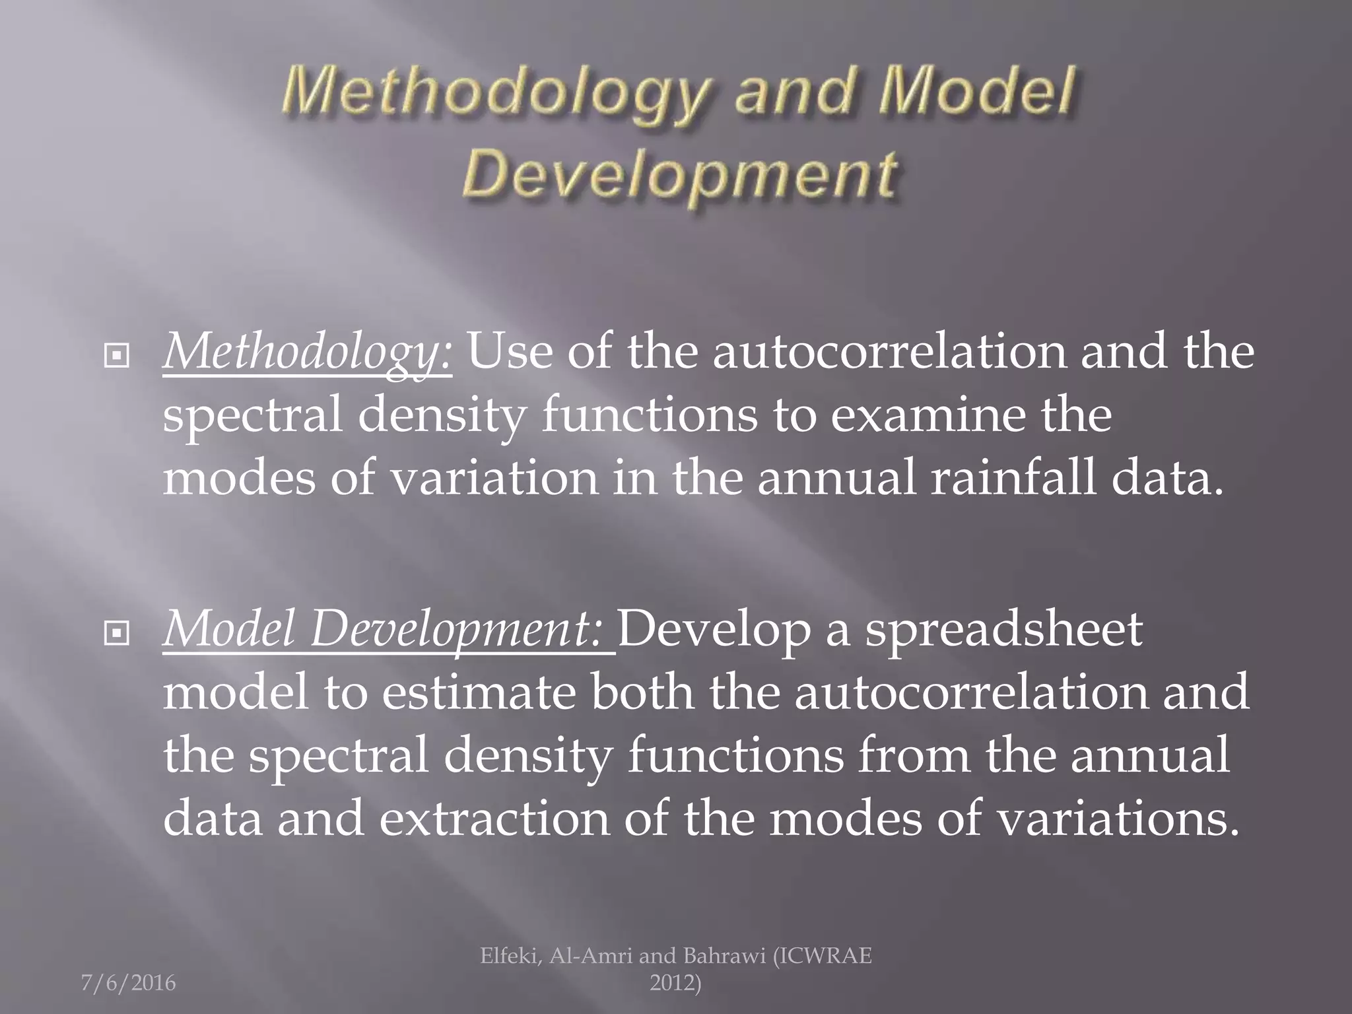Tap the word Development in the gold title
[x=679, y=174]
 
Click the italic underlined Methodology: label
[x=308, y=352]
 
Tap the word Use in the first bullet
[x=510, y=351]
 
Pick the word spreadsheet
[x=1004, y=629]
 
